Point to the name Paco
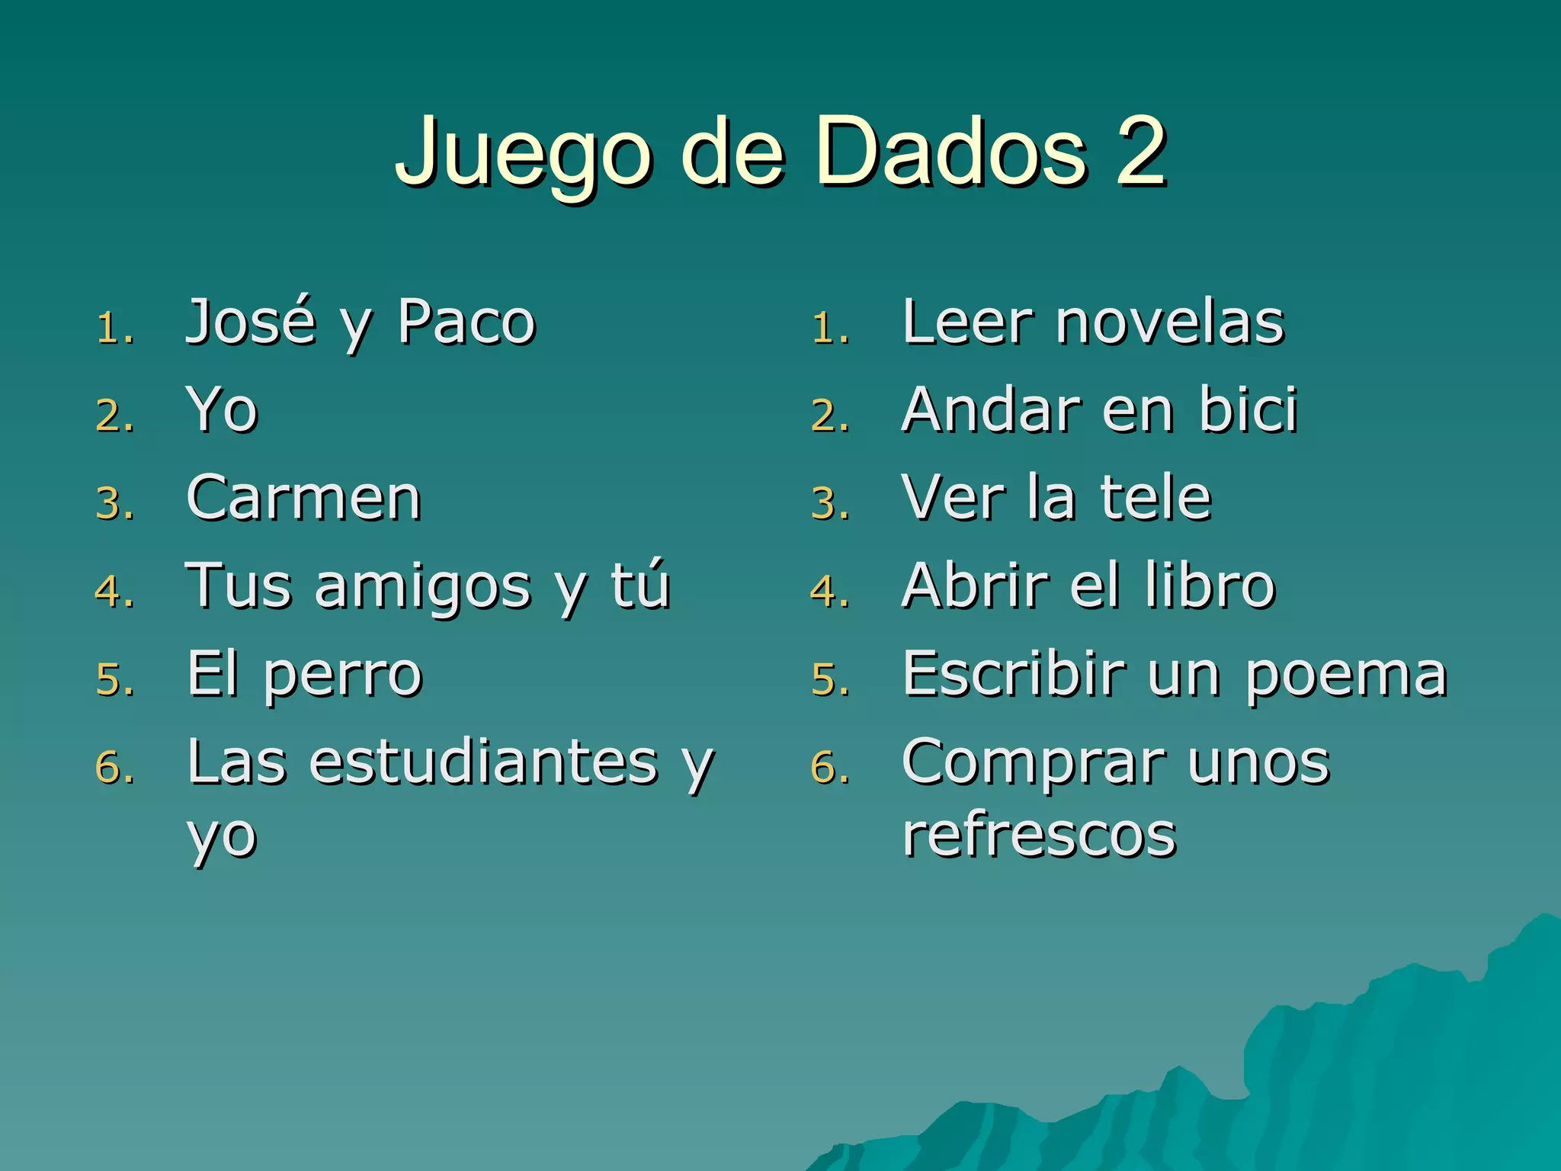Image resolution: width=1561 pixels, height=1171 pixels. (x=466, y=323)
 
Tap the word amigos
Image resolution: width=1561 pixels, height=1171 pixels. (x=423, y=588)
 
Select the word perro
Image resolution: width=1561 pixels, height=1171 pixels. (x=343, y=676)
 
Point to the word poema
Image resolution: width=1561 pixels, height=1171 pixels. (x=1346, y=676)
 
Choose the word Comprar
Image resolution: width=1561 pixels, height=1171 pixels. (x=1033, y=763)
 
